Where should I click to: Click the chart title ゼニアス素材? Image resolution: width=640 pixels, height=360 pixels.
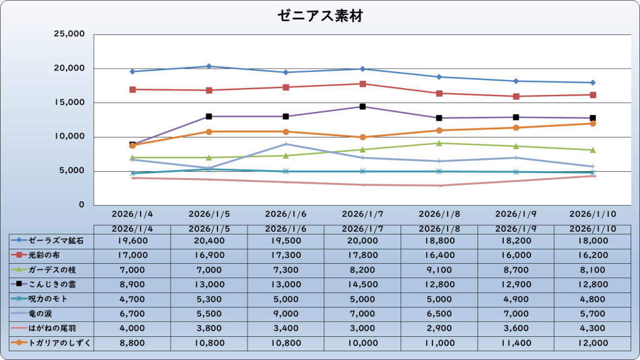coord(319,17)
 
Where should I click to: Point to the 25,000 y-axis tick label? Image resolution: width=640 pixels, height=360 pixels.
coord(69,34)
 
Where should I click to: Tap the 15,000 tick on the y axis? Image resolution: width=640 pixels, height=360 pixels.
coord(69,102)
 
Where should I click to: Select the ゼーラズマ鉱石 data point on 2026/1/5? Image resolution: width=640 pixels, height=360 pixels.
coord(209,66)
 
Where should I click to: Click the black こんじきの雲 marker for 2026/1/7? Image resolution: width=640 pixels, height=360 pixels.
coord(362,107)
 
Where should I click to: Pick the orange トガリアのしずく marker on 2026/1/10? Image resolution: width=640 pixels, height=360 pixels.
coord(592,124)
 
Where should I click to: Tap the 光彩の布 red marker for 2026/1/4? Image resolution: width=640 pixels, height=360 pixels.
coord(132,89)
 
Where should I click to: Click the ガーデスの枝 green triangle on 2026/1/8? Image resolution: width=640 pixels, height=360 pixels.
coord(439,143)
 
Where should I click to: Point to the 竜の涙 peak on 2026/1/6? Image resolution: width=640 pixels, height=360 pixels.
coord(286,144)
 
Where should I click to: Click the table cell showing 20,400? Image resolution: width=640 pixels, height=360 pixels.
coord(209,240)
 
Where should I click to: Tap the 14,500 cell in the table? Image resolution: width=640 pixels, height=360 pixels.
coord(362,284)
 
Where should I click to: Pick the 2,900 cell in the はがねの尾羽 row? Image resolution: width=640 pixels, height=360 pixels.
coord(439,327)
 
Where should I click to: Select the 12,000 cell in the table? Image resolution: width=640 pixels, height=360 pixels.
coord(592,342)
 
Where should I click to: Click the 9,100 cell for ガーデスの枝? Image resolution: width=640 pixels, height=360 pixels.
coord(439,269)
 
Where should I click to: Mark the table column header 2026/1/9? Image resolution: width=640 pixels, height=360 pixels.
coord(516,229)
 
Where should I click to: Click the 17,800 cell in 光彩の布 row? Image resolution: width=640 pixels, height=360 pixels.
coord(362,255)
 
